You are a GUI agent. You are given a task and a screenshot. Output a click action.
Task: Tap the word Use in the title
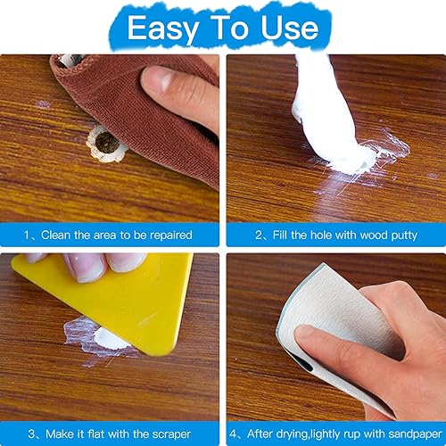coord(287,28)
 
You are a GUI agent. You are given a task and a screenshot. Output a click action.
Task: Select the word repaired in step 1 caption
coord(167,235)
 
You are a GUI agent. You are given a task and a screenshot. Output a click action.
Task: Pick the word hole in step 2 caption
coord(305,235)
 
